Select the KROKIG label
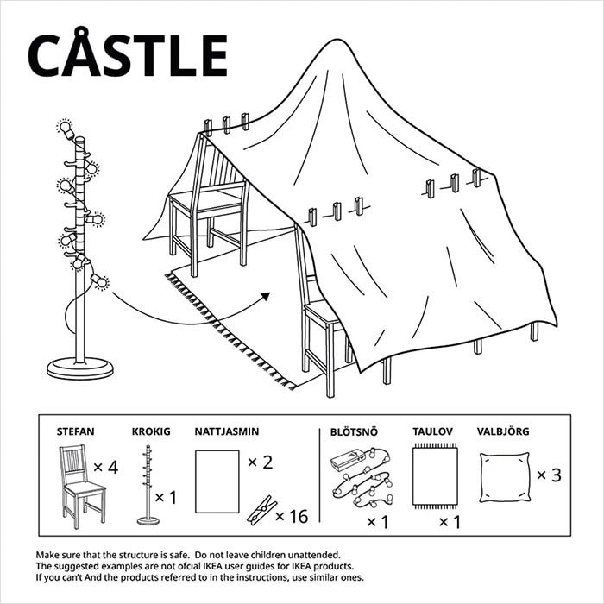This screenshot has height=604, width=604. tap(151, 430)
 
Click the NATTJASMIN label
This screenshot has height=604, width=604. tap(227, 430)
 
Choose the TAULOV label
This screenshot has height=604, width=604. tap(434, 430)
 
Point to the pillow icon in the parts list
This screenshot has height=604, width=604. tap(504, 476)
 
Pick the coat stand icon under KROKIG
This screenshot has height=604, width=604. tap(148, 483)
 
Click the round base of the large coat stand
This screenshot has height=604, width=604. tap(80, 368)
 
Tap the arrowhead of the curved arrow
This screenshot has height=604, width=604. tap(265, 296)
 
